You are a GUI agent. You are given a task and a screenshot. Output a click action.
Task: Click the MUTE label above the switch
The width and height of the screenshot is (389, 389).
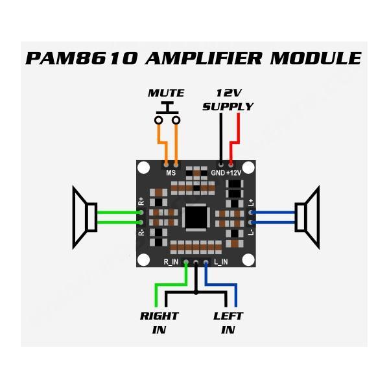click(x=166, y=93)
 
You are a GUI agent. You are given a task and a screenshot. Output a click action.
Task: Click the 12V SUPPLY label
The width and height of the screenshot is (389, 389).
click(x=228, y=100)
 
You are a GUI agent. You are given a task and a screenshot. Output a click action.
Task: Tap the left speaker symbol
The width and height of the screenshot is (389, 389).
click(x=84, y=217)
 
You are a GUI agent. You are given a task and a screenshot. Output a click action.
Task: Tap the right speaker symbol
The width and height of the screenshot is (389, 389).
click(x=308, y=217)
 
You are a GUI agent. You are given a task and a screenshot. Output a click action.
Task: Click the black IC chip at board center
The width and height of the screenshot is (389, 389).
click(x=195, y=217)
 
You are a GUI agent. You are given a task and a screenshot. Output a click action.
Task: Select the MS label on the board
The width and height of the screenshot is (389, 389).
click(x=171, y=173)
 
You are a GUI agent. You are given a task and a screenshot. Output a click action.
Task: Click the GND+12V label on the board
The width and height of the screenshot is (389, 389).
click(x=226, y=173)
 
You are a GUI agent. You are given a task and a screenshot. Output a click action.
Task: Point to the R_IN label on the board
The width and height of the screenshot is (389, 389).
click(x=171, y=262)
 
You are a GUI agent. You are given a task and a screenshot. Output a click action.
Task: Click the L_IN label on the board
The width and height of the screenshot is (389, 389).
click(x=220, y=262)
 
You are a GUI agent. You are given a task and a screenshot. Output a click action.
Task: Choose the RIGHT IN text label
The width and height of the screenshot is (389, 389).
click(x=159, y=323)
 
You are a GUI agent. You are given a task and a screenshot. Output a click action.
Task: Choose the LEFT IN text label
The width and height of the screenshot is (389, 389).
click(x=228, y=323)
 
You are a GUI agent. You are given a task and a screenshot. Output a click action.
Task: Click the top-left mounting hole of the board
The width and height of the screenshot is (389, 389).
click(x=144, y=168)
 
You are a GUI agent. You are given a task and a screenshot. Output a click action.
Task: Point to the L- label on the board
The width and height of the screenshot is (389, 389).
click(x=251, y=231)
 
